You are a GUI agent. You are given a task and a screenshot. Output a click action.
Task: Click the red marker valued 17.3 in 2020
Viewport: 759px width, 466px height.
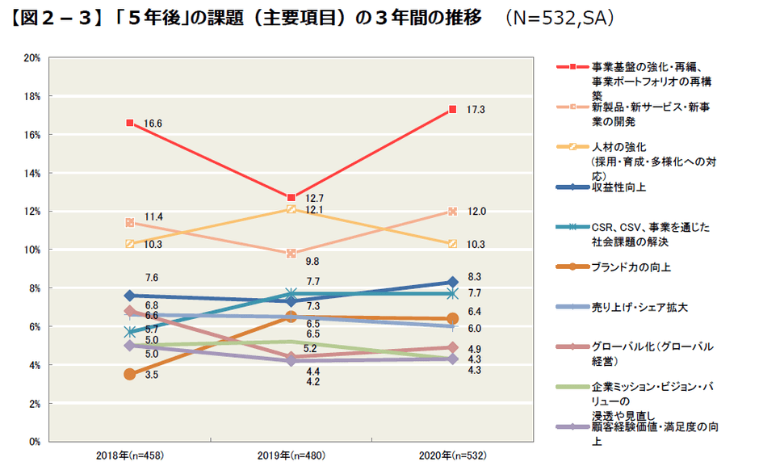453,109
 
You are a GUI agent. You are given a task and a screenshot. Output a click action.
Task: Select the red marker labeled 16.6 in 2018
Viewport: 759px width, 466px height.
129,123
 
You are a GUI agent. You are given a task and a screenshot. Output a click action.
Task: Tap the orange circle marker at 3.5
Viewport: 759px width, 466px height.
129,374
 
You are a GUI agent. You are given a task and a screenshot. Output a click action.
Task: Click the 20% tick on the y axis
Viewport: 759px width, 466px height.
32,58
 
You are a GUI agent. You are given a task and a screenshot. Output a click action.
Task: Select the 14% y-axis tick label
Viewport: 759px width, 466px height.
32,173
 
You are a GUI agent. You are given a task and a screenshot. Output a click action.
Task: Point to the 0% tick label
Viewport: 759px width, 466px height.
35,441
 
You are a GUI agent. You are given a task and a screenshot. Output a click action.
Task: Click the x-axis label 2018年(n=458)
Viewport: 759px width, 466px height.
129,456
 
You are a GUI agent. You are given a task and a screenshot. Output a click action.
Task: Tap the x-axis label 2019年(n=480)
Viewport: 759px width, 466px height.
291,456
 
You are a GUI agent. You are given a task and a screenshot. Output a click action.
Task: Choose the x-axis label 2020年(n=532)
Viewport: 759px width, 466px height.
453,456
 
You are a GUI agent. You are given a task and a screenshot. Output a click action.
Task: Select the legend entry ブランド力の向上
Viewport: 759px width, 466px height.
631,267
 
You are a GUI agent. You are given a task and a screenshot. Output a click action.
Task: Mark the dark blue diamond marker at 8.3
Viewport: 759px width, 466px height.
453,282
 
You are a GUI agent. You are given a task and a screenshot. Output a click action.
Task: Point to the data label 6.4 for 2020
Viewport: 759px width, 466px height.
475,311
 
